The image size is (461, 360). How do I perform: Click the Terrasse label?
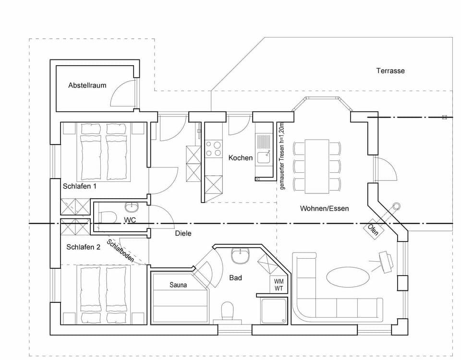(390, 71)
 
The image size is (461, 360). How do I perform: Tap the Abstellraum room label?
(87, 85)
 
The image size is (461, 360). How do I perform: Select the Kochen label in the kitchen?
(240, 157)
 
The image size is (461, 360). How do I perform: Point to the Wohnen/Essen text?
(324, 208)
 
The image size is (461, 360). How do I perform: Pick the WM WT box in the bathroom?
(279, 285)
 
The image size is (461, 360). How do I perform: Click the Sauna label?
(178, 285)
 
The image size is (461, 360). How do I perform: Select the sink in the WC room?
(131, 207)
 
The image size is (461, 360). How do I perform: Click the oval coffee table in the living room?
(348, 277)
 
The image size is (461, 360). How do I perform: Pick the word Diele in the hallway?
(183, 233)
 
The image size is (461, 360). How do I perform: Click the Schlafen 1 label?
(79, 185)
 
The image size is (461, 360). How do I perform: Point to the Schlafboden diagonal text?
(121, 251)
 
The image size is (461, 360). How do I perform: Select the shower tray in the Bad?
(273, 311)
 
